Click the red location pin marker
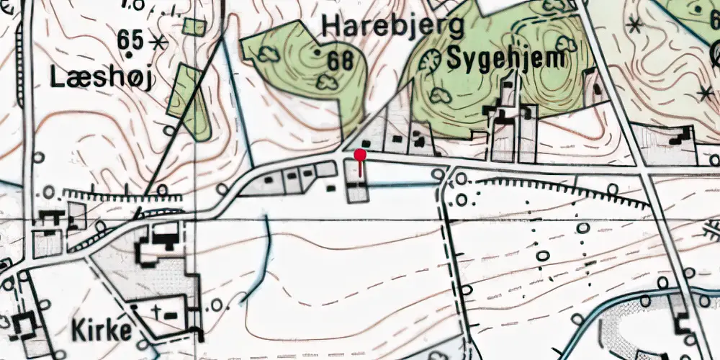click(x=360, y=154)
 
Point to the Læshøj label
click(x=102, y=79)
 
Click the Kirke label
click(x=102, y=330)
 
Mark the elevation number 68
click(x=340, y=61)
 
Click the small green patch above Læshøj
click(x=194, y=27)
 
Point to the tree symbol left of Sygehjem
click(x=431, y=61)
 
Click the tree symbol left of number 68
click(x=269, y=53)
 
